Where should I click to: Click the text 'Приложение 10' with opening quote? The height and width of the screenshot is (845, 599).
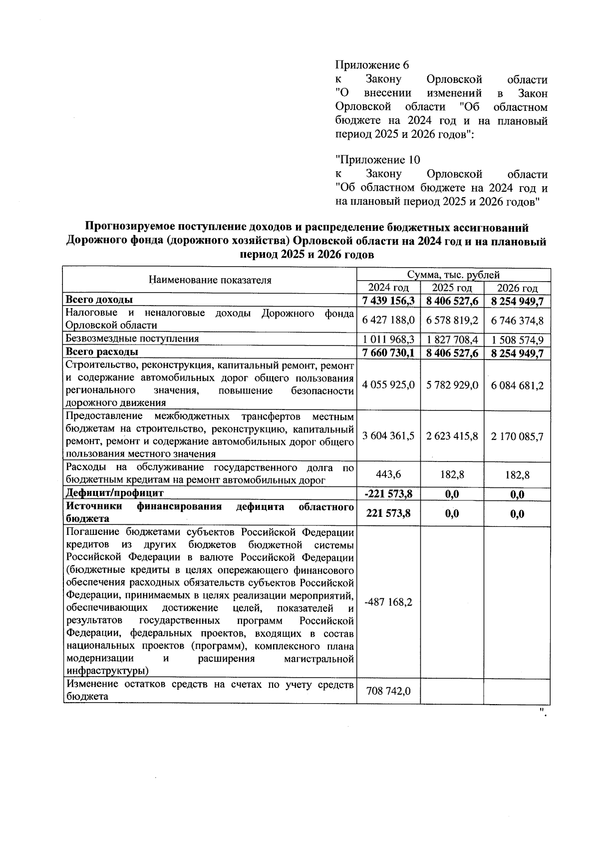pyautogui.click(x=377, y=160)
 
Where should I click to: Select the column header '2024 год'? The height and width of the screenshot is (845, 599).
pyautogui.click(x=388, y=288)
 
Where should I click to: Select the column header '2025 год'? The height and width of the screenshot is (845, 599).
pyautogui.click(x=452, y=288)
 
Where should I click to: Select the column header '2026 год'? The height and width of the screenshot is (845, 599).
pyautogui.click(x=517, y=289)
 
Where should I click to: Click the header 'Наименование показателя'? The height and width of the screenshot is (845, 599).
pyautogui.click(x=210, y=280)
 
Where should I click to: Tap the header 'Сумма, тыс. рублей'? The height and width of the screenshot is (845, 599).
pyautogui.click(x=453, y=275)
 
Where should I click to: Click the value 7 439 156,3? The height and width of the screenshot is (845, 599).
pyautogui.click(x=388, y=301)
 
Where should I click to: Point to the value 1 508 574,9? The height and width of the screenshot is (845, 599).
pyautogui.click(x=517, y=340)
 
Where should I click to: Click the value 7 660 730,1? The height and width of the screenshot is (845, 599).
pyautogui.click(x=388, y=353)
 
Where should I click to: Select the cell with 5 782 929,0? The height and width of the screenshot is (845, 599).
pyautogui.click(x=452, y=386)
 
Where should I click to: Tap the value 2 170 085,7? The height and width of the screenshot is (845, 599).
pyautogui.click(x=517, y=436)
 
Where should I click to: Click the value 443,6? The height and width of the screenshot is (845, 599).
pyautogui.click(x=388, y=474)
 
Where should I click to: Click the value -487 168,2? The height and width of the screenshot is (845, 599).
pyautogui.click(x=388, y=602)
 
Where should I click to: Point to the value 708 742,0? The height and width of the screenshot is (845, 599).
pyautogui.click(x=388, y=691)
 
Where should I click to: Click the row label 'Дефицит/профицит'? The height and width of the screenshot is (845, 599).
pyautogui.click(x=115, y=493)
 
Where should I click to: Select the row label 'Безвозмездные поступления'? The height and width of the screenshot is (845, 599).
pyautogui.click(x=132, y=339)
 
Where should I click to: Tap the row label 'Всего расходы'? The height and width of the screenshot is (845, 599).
pyautogui.click(x=102, y=352)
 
